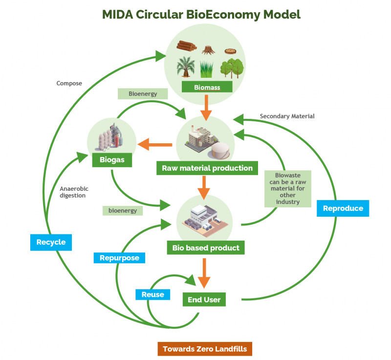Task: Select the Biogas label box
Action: pyautogui.click(x=111, y=159)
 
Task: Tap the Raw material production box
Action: pyautogui.click(x=207, y=168)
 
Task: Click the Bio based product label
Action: pyautogui.click(x=206, y=247)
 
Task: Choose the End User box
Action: pyautogui.click(x=204, y=299)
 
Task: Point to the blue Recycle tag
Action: pyautogui.click(x=51, y=242)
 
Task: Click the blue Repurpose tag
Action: pyautogui.click(x=119, y=257)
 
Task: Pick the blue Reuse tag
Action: pyautogui.click(x=152, y=294)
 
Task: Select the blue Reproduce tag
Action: pyautogui.click(x=343, y=208)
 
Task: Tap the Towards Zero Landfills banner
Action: pyautogui.click(x=205, y=349)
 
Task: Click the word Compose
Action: pyautogui.click(x=69, y=83)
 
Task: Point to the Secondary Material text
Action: pyautogui.click(x=287, y=116)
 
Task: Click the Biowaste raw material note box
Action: pyautogui.click(x=287, y=188)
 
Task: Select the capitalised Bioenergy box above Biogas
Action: pyautogui.click(x=142, y=93)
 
